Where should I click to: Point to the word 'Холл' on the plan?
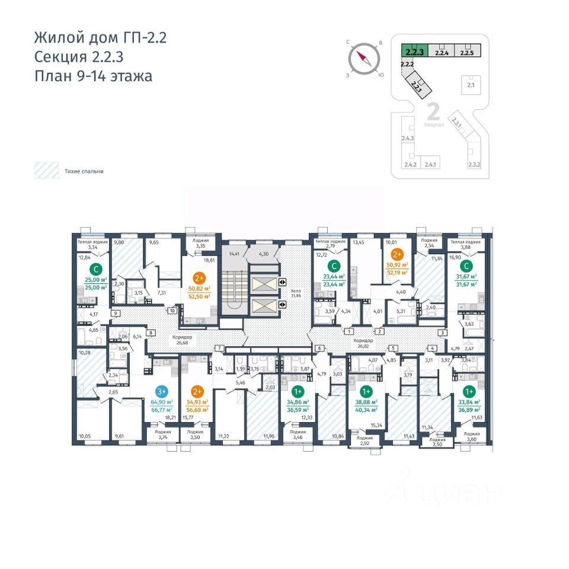[x=297, y=292]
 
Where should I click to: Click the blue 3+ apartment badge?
[x=162, y=391]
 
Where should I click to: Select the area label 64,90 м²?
[x=162, y=402]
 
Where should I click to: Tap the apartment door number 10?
[x=172, y=310]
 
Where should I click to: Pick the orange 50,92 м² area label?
[x=398, y=266]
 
